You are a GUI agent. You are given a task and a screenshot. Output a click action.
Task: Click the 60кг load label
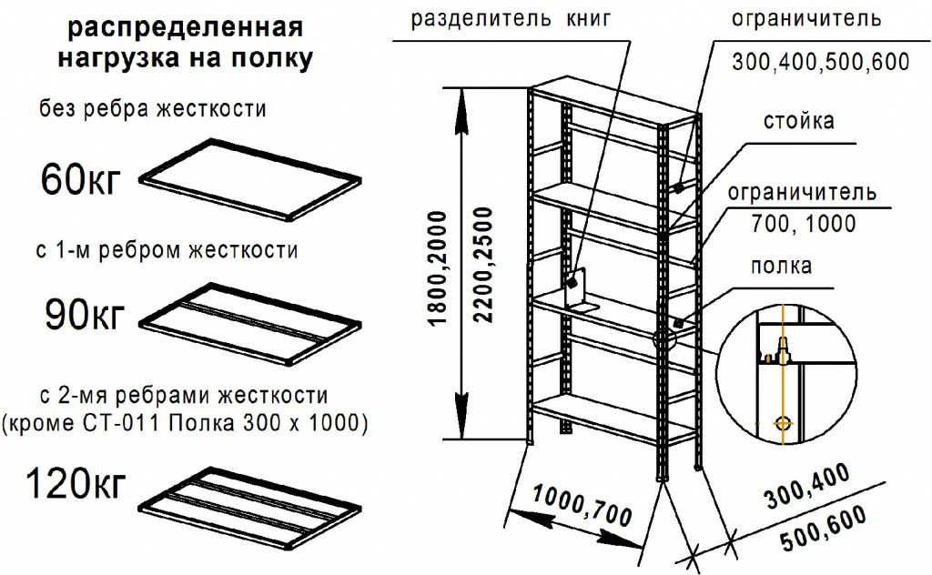point(81,180)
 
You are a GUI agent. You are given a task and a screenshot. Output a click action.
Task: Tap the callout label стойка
point(799,121)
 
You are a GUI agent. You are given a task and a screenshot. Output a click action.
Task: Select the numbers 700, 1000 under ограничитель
point(804,223)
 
